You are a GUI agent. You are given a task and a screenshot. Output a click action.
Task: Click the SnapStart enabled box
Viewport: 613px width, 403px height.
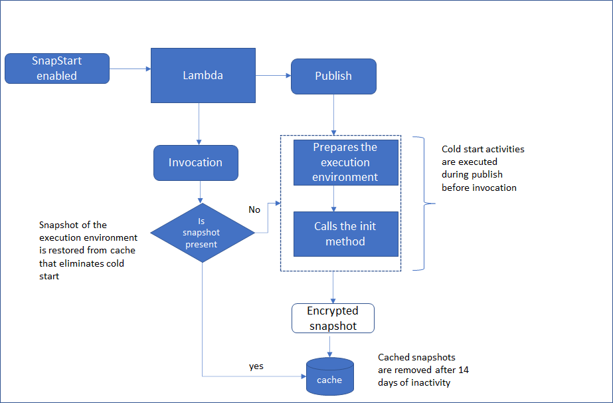(57, 68)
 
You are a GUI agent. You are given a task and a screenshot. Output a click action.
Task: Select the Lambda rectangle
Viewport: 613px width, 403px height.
(203, 75)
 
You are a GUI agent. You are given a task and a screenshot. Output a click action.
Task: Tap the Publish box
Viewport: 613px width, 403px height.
(333, 76)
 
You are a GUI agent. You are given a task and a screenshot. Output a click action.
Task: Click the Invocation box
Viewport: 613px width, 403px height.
(195, 163)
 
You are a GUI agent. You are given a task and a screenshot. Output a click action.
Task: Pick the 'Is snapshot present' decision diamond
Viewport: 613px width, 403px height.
(203, 233)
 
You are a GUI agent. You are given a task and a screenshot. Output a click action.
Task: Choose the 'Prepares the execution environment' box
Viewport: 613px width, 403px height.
(345, 162)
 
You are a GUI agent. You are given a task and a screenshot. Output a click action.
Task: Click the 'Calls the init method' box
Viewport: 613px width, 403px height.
(345, 234)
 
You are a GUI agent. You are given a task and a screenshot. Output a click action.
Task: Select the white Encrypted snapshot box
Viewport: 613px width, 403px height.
(333, 319)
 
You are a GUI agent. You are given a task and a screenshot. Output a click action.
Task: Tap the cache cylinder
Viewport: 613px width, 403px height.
(329, 376)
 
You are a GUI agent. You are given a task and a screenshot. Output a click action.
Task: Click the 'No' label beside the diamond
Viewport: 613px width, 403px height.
(254, 209)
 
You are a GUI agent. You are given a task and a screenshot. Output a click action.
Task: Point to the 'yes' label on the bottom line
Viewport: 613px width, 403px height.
(256, 366)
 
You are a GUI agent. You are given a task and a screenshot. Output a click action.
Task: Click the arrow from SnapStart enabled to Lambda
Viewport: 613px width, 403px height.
(130, 68)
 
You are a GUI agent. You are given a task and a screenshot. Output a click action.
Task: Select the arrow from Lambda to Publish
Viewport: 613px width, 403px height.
(273, 75)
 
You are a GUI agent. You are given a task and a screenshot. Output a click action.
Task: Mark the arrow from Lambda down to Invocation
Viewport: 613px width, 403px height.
(199, 124)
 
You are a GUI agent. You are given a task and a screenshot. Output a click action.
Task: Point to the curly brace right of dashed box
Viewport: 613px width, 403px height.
(424, 203)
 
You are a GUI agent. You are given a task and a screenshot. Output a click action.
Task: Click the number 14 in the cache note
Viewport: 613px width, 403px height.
(463, 370)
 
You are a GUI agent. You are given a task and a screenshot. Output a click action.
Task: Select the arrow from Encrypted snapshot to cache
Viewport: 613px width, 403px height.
(330, 345)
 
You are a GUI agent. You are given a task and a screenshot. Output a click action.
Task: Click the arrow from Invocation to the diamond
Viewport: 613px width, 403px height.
(200, 192)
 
